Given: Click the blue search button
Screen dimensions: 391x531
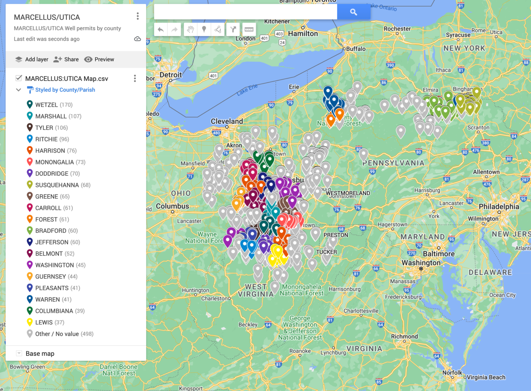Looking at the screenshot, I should point(353,12).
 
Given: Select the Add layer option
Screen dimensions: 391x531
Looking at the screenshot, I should point(32,60).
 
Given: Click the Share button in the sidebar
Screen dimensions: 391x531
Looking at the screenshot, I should point(66,60).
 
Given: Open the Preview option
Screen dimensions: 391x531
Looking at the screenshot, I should point(99,60).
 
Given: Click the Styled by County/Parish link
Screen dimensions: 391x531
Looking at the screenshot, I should point(65,90).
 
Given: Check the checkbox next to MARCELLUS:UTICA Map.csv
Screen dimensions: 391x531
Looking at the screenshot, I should point(19,78).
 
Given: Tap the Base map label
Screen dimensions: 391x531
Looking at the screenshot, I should point(40,354).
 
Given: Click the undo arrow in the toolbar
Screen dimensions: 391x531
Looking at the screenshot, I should point(160,30).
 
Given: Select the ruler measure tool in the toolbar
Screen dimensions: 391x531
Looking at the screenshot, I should point(249,30).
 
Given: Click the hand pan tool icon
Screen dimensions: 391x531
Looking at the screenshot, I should point(190,30).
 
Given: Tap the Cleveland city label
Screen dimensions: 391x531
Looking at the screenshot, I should point(227,121).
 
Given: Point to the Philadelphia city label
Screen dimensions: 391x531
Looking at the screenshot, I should point(499,207).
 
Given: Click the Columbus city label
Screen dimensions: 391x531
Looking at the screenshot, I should point(173,206).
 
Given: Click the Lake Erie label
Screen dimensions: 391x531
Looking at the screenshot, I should point(247,89).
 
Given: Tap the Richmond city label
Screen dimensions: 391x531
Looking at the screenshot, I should point(404,337).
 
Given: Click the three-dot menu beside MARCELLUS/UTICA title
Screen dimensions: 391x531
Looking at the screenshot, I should point(138,16).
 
